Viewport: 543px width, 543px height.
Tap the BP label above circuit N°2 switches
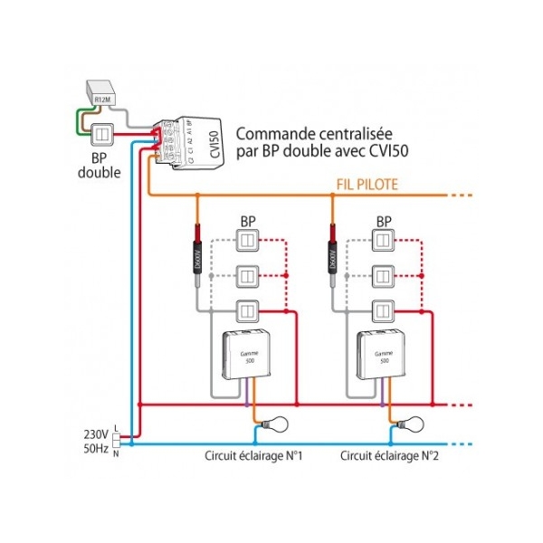click(384, 221)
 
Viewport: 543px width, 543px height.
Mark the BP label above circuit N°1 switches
click(248, 221)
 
